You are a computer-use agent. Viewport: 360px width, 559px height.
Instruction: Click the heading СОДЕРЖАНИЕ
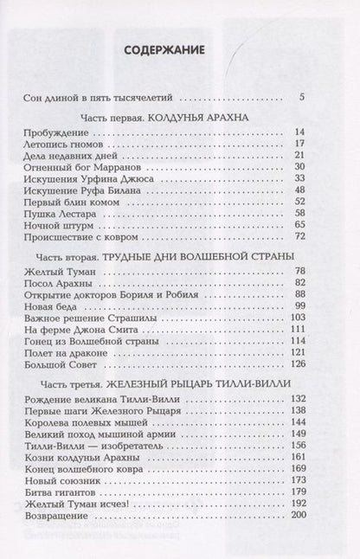pyautogui.click(x=179, y=50)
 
